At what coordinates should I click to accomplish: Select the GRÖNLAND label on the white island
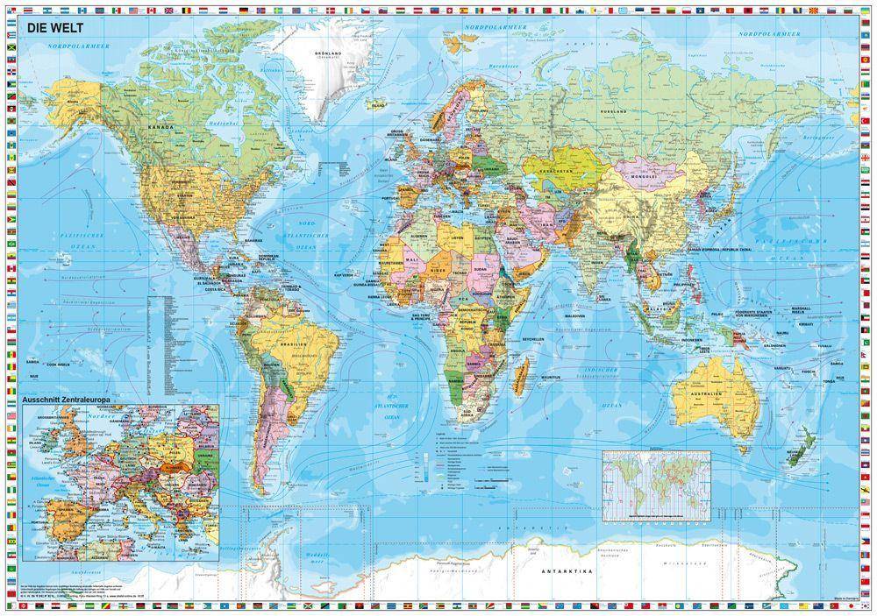coord(328,53)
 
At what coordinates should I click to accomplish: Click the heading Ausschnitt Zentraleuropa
coord(68,400)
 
